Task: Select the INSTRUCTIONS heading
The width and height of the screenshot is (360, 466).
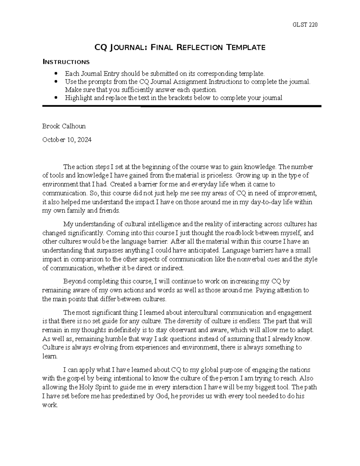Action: pyautogui.click(x=66, y=62)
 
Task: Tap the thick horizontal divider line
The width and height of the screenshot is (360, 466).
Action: pyautogui.click(x=182, y=106)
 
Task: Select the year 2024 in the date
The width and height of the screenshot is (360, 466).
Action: pyautogui.click(x=84, y=140)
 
